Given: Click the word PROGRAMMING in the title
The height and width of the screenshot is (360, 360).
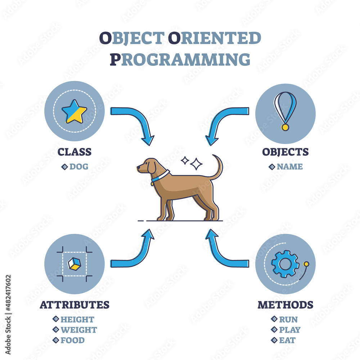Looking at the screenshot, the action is tap(180, 59).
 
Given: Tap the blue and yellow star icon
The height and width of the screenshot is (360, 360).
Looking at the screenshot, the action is tap(75, 112).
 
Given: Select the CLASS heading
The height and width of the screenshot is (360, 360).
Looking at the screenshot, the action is tap(75, 152).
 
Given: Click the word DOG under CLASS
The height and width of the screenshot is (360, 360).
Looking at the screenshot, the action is tap(79, 166).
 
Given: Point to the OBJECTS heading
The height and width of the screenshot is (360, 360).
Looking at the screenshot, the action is tap(285, 152).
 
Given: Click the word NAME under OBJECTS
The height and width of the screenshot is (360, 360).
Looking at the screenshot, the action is tap(290, 166).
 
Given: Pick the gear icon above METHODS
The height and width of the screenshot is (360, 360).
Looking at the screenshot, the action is tap(285, 264).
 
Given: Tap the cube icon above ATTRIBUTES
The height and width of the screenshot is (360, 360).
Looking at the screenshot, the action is tap(75, 264).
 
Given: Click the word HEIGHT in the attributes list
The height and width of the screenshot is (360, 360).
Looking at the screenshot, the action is tap(77, 319).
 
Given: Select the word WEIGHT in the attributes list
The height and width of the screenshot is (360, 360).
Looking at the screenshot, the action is tap(79, 330).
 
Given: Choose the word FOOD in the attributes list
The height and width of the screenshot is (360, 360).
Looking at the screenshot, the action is tap(73, 340).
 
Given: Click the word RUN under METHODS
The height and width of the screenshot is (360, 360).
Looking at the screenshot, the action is tap(288, 319).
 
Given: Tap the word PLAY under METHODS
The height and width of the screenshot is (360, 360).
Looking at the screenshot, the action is tap(290, 330).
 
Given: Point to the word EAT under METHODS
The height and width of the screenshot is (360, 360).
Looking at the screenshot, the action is tap(287, 340).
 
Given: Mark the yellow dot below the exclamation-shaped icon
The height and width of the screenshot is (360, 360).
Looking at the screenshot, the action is tap(285, 127).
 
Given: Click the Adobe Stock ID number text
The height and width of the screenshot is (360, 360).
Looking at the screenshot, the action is tap(8, 293).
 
